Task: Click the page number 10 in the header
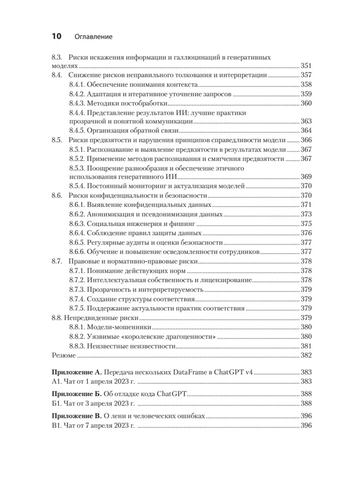(x=56, y=36)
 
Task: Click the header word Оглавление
(x=93, y=37)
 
